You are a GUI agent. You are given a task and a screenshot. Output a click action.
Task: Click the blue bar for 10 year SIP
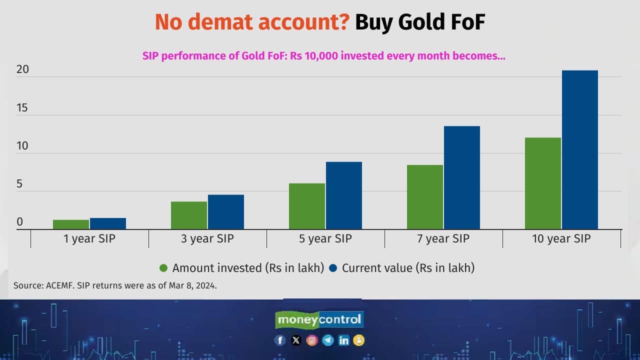(579, 149)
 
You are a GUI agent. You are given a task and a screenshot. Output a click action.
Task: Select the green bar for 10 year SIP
(543, 183)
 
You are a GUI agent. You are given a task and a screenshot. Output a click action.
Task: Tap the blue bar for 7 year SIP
(461, 177)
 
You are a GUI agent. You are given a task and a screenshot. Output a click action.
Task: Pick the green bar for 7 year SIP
(425, 197)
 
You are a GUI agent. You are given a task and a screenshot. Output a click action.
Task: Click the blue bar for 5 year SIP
(343, 195)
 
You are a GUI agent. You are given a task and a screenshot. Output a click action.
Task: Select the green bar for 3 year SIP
(189, 215)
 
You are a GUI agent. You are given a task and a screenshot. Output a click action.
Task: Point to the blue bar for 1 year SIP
(107, 223)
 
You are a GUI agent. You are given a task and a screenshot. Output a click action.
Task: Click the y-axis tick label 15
(22, 107)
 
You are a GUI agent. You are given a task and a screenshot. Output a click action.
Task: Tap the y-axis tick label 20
(22, 69)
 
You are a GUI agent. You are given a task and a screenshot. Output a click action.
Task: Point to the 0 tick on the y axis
(19, 221)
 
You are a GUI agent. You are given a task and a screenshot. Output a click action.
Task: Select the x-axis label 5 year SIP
(325, 238)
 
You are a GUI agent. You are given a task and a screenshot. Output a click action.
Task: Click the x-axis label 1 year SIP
(89, 238)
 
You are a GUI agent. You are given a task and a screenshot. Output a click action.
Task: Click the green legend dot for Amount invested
(163, 268)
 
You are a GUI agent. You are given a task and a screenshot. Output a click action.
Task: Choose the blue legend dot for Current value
(333, 268)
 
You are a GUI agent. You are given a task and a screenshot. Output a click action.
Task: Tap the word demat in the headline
(220, 22)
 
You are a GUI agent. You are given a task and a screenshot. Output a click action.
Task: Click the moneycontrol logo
(319, 319)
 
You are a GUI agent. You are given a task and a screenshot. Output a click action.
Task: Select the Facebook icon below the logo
(280, 340)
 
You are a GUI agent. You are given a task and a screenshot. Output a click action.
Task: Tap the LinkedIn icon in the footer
(343, 340)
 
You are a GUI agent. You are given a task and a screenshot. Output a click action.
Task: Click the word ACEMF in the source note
(59, 285)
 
